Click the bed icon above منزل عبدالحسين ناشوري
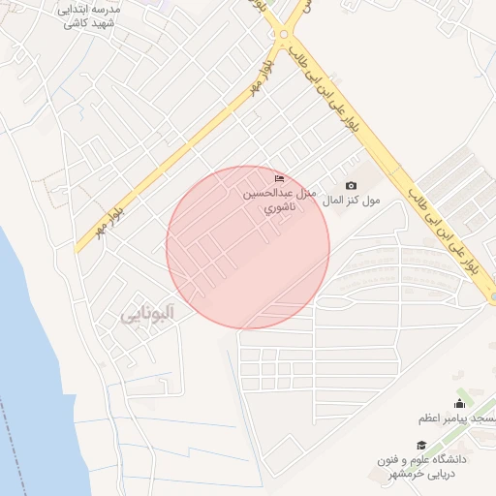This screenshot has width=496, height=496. tap(280, 179)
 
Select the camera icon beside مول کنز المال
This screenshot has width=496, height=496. tap(351, 186)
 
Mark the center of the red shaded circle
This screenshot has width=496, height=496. tap(248, 247)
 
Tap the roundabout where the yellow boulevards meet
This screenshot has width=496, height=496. tap(284, 37)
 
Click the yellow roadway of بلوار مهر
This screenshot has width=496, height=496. tap(184, 145)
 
